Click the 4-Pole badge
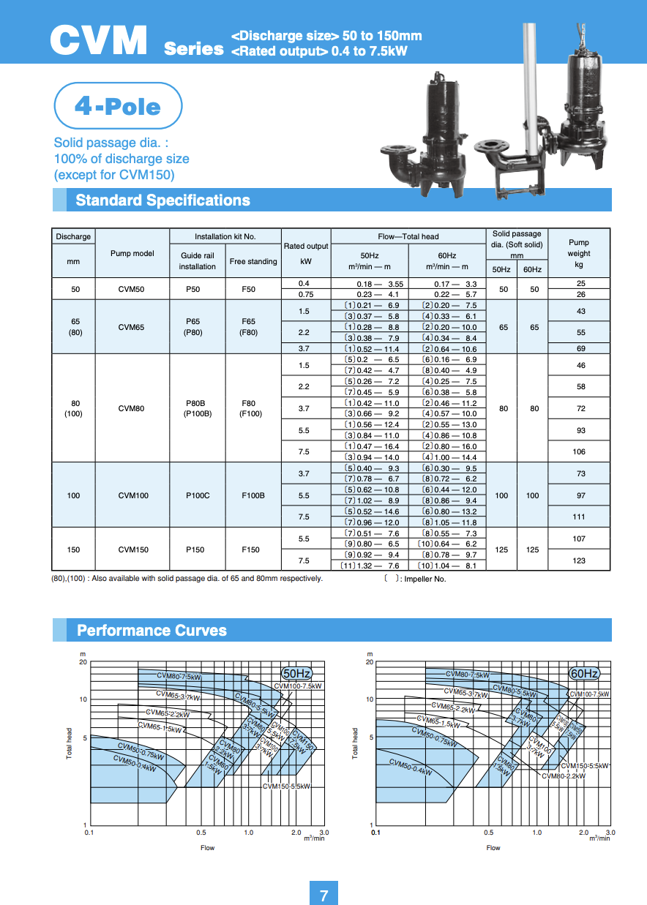(118, 107)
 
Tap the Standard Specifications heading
(162, 200)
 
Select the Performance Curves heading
(152, 631)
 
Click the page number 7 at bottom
(323, 895)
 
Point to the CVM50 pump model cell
(132, 289)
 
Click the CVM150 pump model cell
(132, 549)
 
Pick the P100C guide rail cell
(198, 495)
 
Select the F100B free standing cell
(253, 495)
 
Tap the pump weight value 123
(580, 560)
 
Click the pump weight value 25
(580, 283)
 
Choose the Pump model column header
(132, 253)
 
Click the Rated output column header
(306, 253)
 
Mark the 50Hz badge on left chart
(297, 673)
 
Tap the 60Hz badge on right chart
(584, 673)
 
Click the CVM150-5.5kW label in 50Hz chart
(287, 786)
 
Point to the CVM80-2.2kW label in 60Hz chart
(564, 776)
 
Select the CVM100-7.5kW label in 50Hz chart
(298, 686)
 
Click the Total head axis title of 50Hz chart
(70, 743)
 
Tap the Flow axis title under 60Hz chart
(493, 848)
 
